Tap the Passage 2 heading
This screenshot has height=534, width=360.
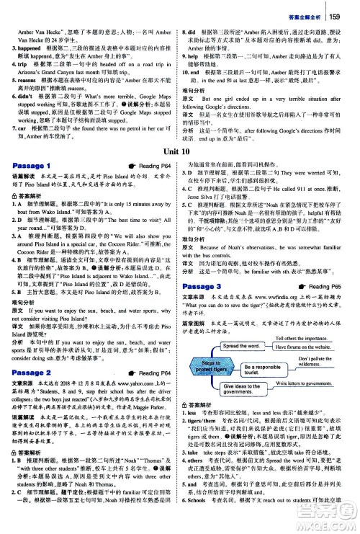[32, 372]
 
